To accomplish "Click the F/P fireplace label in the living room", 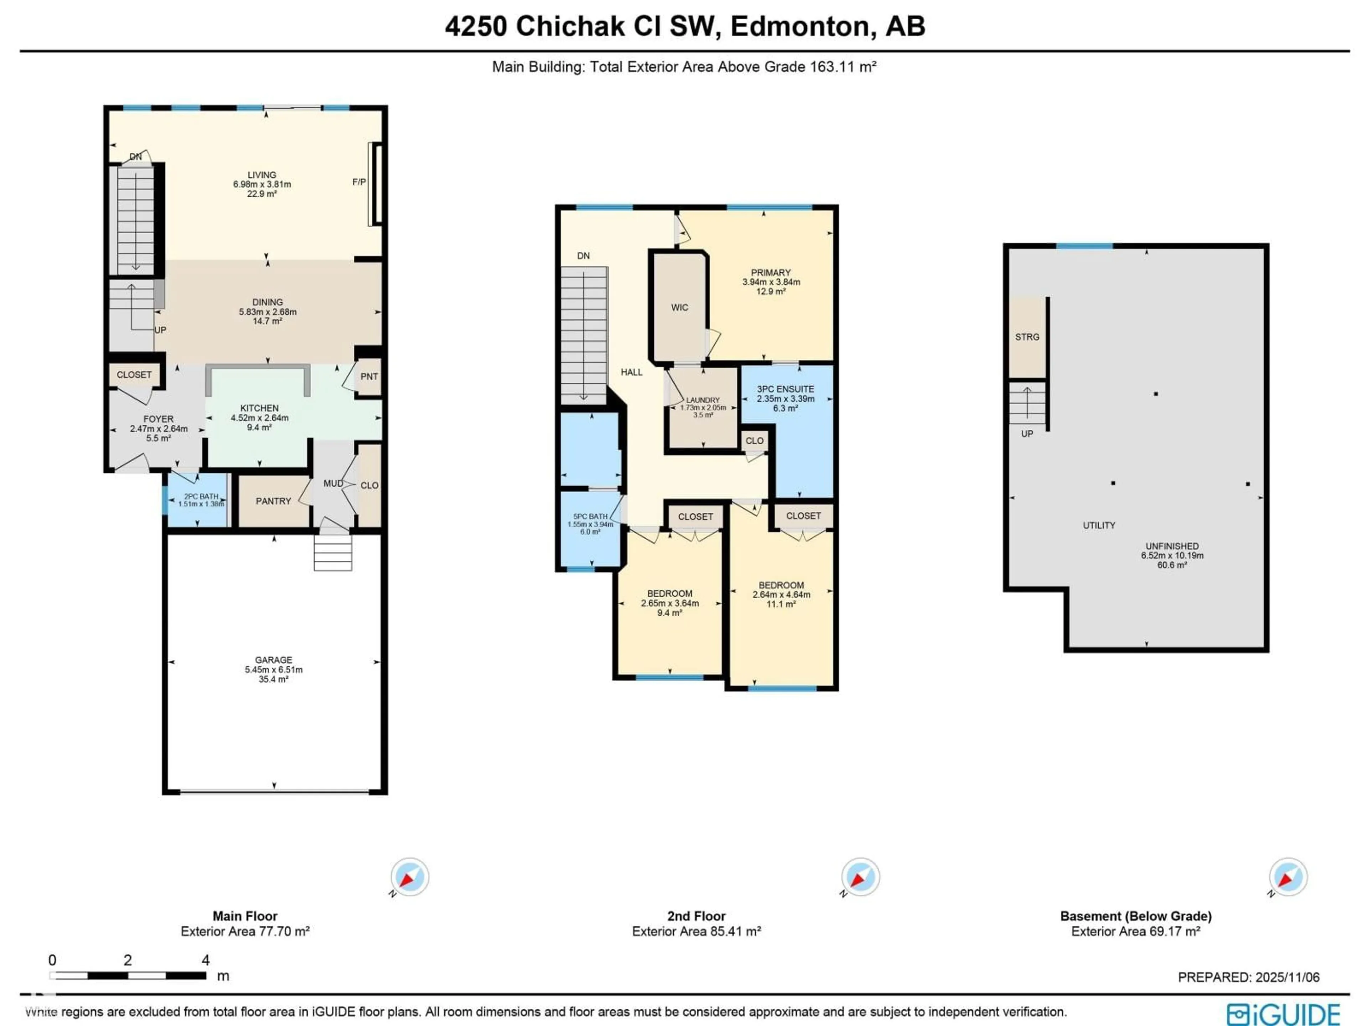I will click(x=359, y=182).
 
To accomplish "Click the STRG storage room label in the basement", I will click(x=1027, y=337).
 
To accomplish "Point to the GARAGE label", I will click(x=273, y=660).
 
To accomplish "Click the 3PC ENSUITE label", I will click(x=786, y=389).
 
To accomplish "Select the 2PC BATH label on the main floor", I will click(x=201, y=497).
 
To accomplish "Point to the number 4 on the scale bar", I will click(x=205, y=960).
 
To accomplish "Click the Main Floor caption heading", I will click(x=245, y=916).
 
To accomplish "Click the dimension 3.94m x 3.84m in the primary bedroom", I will click(x=771, y=282).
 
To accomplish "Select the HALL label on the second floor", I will click(x=631, y=372).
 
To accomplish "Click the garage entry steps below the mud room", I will click(x=333, y=552).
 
